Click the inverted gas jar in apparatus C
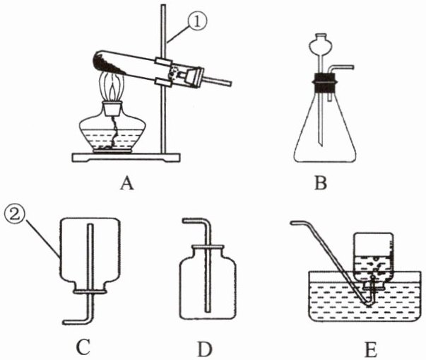(90, 251)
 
